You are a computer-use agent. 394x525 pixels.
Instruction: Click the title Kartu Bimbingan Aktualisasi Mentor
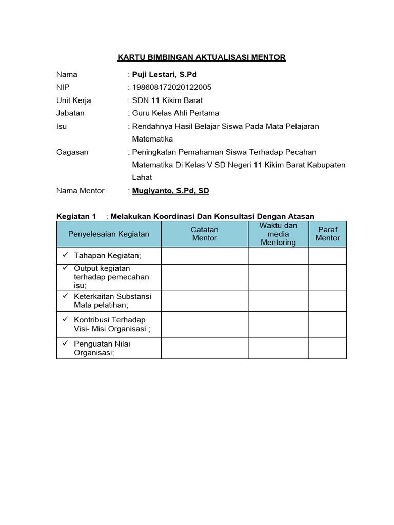[x=202, y=57]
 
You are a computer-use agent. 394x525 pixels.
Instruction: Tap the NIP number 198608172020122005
[x=172, y=87]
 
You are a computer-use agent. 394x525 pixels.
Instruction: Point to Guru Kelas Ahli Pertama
[x=175, y=113]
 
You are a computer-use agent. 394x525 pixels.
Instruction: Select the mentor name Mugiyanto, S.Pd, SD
[x=170, y=191]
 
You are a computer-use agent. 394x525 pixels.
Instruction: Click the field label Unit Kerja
[x=73, y=100]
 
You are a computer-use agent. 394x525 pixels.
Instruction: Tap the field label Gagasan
[x=72, y=152]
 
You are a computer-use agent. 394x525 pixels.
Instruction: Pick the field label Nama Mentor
[x=80, y=191]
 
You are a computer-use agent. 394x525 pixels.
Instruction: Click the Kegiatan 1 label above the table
[x=76, y=216]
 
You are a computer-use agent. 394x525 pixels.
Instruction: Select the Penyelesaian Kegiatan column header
[x=109, y=234]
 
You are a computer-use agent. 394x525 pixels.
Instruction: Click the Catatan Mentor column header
[x=205, y=234]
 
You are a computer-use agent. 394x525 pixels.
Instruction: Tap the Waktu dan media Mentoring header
[x=278, y=234]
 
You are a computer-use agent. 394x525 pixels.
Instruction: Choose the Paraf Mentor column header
[x=327, y=234]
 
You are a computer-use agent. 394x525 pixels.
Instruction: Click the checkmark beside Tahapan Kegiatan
[x=65, y=255]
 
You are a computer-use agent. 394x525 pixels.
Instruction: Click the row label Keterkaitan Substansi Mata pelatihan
[x=112, y=300]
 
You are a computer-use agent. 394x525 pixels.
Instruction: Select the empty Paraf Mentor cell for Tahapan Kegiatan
[x=327, y=255]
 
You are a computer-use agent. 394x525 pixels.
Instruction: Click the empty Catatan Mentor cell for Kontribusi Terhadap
[x=205, y=325]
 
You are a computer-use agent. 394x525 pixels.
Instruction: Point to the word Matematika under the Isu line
[x=152, y=139]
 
